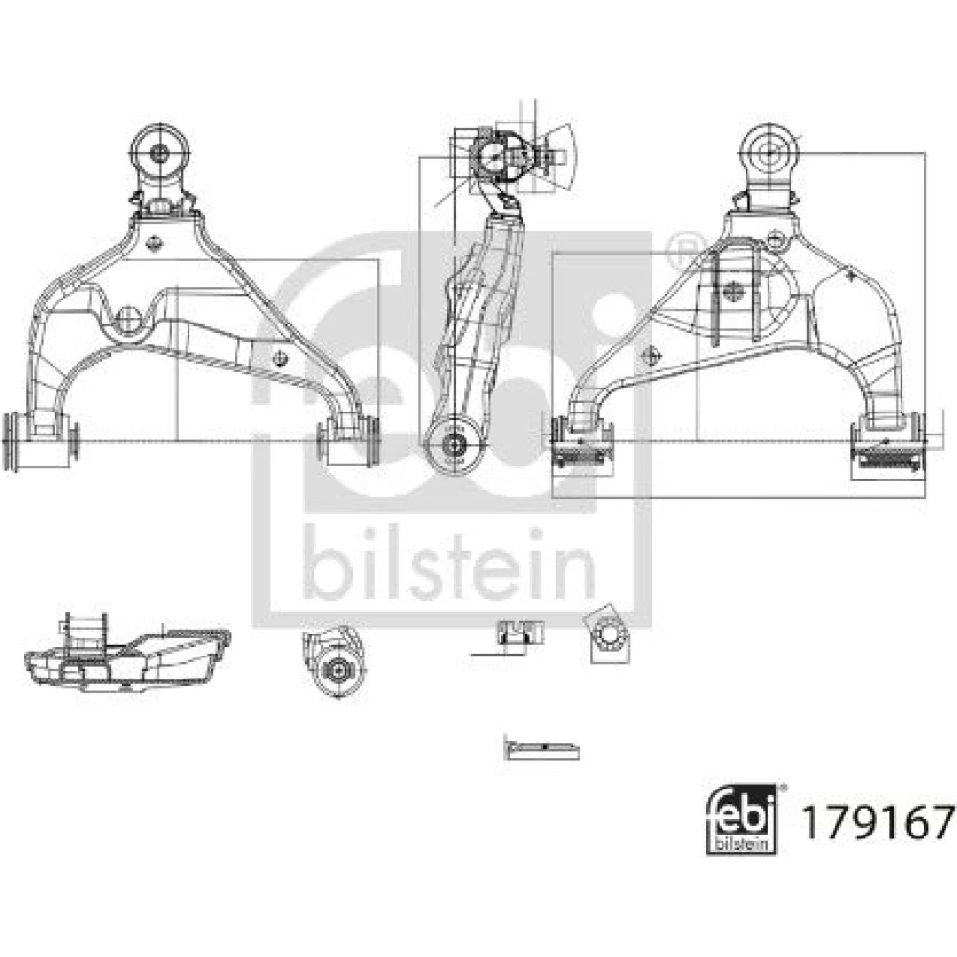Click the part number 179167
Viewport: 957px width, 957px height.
pos(877,821)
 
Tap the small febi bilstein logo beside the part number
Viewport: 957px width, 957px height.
pos(742,819)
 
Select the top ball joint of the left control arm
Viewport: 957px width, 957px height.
pos(160,151)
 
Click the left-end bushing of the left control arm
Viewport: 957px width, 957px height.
pos(40,440)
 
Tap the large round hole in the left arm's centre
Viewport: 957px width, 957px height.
pos(128,319)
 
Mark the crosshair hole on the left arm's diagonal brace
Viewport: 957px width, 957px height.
pos(279,357)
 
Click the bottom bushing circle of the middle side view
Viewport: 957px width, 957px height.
pos(454,445)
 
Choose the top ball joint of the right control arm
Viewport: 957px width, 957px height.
pos(768,151)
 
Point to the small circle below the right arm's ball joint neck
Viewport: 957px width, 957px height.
pos(774,238)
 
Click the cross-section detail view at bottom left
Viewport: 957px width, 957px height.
pos(127,654)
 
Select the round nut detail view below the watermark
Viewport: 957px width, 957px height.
pos(335,663)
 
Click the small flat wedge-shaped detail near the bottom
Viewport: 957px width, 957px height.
pos(542,748)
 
